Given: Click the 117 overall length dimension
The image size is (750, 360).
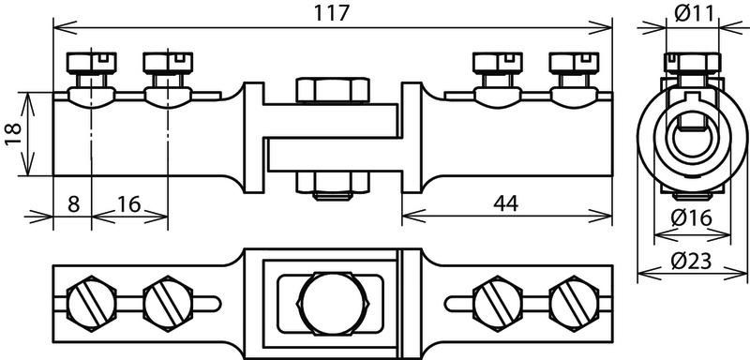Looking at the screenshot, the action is (x=332, y=13).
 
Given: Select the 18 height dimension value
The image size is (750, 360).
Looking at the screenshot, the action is (x=13, y=135).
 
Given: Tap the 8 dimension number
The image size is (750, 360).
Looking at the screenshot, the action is (x=73, y=204).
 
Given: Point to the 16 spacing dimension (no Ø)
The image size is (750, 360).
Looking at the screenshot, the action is (x=129, y=204).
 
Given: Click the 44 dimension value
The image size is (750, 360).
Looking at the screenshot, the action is (x=505, y=204).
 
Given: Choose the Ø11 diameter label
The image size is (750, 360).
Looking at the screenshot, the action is (x=694, y=13).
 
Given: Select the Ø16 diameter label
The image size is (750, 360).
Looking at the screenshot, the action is (x=692, y=218).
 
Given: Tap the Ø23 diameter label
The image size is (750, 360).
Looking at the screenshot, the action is (x=691, y=261).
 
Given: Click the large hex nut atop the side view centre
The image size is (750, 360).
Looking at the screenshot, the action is (x=333, y=90).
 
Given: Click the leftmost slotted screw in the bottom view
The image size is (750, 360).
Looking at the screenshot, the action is (x=91, y=303).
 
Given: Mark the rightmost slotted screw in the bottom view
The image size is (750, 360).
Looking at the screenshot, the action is (x=574, y=303).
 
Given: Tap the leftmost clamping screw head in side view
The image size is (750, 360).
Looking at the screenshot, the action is (x=91, y=63).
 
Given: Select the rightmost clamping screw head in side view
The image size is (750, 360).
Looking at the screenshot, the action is (x=574, y=63).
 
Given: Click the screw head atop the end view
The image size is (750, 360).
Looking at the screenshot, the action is (x=692, y=64).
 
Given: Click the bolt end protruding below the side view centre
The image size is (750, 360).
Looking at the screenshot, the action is (x=333, y=196).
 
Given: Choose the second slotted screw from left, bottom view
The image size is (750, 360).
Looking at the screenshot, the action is (x=168, y=303).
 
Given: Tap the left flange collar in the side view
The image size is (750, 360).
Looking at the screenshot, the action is (x=253, y=138).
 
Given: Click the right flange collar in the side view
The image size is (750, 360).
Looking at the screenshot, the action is (x=412, y=138).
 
